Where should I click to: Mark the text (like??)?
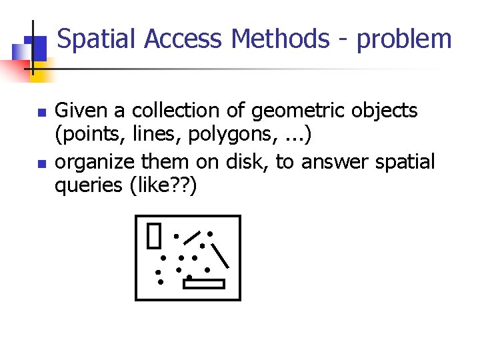(x=167, y=187)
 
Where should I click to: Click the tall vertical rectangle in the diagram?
(x=155, y=235)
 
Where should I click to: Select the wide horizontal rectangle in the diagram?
(x=204, y=284)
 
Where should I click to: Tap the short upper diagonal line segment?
(x=192, y=237)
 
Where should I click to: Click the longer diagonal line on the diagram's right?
(x=220, y=255)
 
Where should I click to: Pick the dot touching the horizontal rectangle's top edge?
(x=189, y=277)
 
